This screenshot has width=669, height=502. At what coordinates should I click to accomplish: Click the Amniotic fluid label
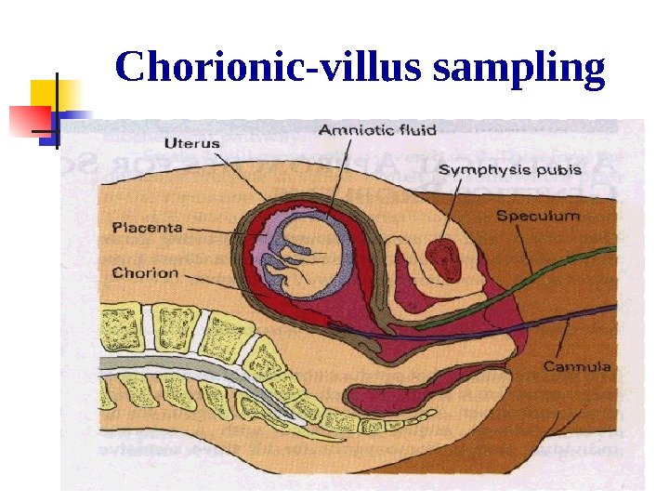[370, 130]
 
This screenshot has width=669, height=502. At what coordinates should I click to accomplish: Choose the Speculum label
[538, 216]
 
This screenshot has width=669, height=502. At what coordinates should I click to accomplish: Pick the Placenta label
[148, 226]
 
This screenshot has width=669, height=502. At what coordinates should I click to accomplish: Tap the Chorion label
[145, 273]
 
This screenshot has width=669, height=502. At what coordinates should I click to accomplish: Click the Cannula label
[577, 366]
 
